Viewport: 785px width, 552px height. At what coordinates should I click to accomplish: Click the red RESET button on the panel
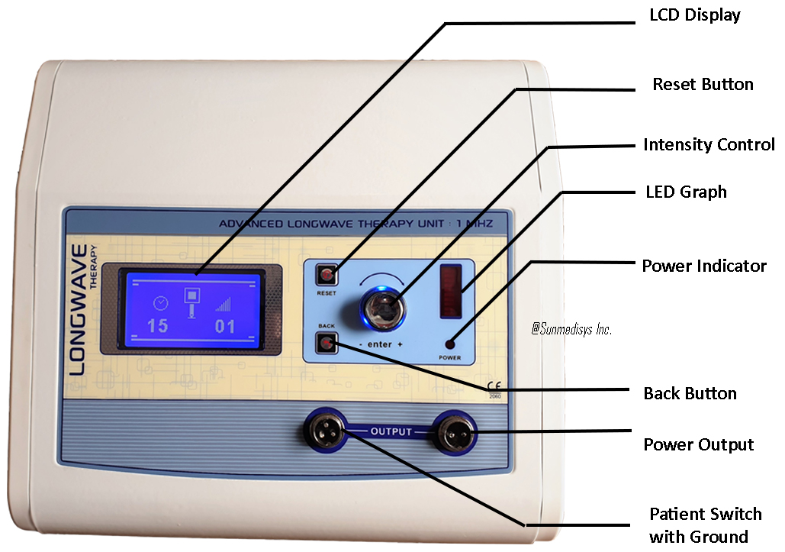327,275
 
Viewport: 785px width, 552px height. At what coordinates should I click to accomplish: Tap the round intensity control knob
384,308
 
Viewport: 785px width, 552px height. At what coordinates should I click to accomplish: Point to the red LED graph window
451,291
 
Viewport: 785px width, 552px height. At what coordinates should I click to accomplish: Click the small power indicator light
449,344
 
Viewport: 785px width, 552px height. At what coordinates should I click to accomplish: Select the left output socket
325,431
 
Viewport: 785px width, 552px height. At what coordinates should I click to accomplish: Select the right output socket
455,432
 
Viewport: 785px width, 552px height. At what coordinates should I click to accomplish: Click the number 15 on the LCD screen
157,326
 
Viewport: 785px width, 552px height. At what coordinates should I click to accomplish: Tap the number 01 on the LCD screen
225,327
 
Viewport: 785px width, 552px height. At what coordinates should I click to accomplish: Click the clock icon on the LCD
161,302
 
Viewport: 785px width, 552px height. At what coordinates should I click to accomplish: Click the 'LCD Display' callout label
695,15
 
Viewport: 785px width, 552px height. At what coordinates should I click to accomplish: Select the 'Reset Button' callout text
703,84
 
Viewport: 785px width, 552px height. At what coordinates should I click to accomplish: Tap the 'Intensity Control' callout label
709,144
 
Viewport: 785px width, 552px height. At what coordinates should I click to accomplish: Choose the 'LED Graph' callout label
686,192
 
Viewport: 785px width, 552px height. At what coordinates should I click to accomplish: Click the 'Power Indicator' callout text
704,266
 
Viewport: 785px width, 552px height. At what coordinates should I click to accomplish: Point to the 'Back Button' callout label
690,393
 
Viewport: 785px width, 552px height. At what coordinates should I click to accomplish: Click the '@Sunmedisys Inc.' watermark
571,329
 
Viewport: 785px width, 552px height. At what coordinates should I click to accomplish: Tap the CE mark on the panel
494,386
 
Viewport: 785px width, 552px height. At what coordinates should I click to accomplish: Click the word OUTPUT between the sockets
391,431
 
